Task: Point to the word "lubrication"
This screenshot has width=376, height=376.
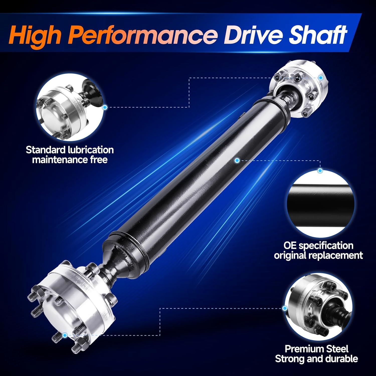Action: click(91, 150)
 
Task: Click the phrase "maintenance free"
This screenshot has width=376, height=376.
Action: click(70, 160)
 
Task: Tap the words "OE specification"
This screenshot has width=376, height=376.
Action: click(318, 245)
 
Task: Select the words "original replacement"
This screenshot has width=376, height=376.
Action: click(318, 255)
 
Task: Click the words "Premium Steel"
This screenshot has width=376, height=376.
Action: click(316, 349)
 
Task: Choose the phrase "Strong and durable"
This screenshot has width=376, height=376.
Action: click(316, 359)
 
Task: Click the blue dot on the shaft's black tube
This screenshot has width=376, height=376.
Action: click(237, 160)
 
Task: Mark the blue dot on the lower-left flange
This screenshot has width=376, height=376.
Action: click(65, 335)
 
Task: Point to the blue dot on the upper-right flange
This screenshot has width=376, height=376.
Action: click(320, 78)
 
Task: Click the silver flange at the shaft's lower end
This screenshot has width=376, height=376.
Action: click(73, 301)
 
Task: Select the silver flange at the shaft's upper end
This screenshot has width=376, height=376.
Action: click(298, 90)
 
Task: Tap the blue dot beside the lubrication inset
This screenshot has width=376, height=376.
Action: click(105, 107)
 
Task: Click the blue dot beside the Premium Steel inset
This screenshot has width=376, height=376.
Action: click(285, 308)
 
